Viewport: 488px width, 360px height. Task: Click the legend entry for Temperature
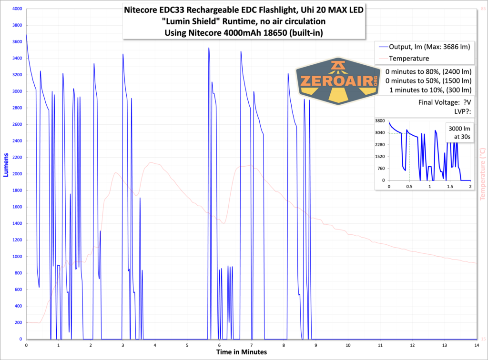click(x=409, y=59)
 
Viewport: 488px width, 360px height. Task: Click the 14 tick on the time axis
click(x=477, y=345)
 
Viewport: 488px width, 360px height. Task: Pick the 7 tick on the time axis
click(x=252, y=345)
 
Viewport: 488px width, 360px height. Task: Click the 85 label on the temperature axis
click(x=483, y=9)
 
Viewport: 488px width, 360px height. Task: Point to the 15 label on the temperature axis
click(x=483, y=339)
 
